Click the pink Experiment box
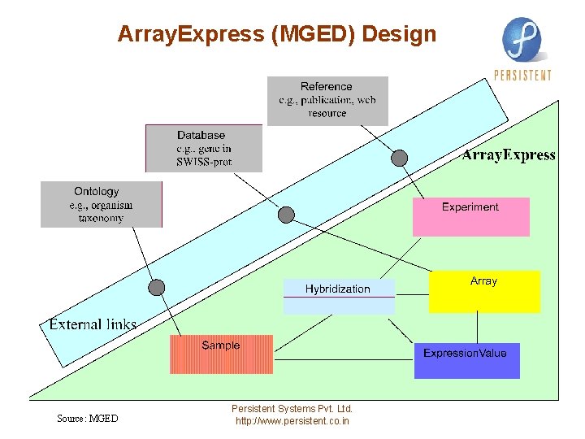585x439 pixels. point(470,216)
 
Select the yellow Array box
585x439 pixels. point(483,291)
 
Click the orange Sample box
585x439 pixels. point(221,354)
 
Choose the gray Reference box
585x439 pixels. point(327,101)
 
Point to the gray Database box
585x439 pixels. point(204,148)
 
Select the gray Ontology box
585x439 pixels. point(102,204)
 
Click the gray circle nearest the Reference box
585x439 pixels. point(400,158)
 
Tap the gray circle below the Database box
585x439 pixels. point(286,215)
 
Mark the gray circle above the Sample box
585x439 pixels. point(157,287)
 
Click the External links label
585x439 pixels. point(93,324)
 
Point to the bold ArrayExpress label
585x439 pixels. point(509,154)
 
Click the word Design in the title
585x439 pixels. point(399,34)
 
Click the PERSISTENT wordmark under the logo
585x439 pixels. point(522,76)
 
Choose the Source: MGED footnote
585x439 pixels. point(87,419)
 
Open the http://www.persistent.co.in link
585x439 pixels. point(292,421)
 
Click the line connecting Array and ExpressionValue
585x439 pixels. point(478,328)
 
